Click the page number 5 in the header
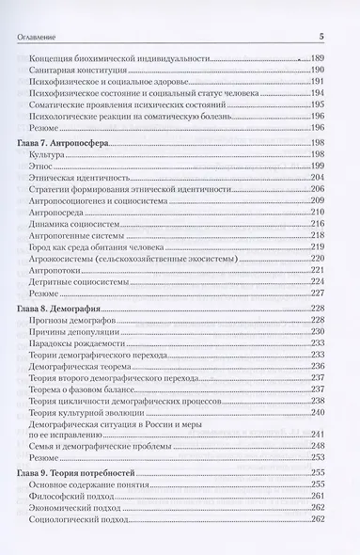pos(321,37)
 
